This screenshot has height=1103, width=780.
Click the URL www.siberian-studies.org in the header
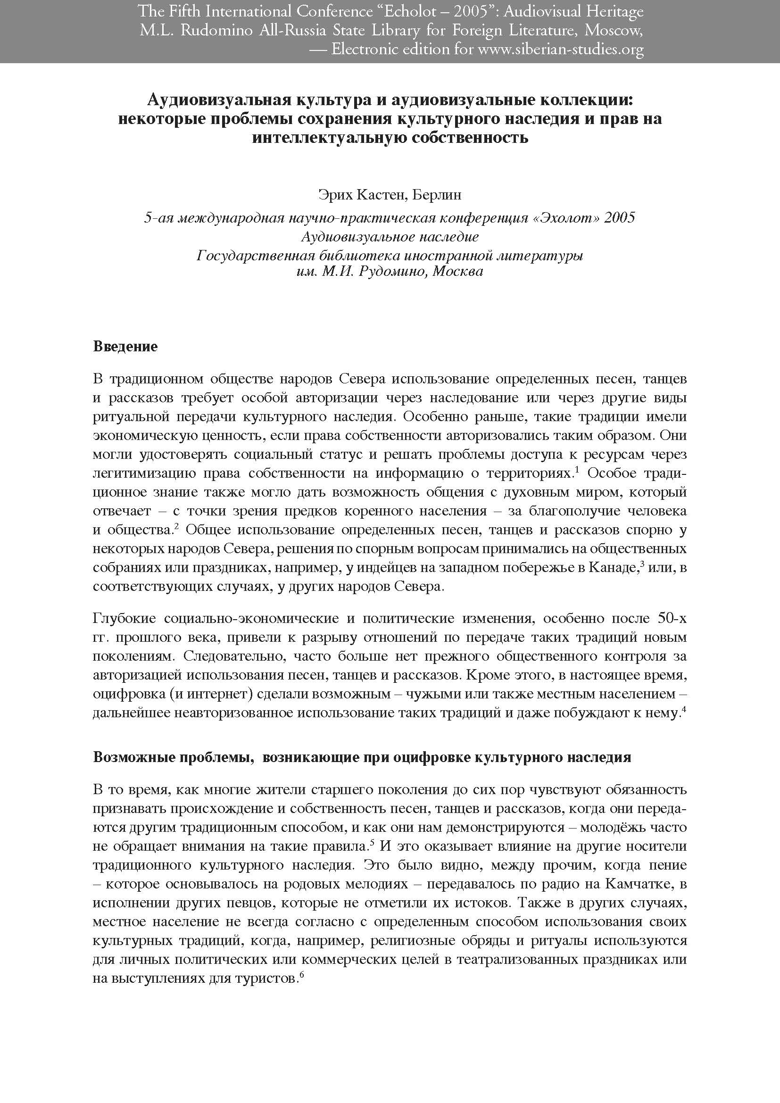[x=561, y=50]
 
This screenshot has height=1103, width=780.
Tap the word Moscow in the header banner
[x=614, y=31]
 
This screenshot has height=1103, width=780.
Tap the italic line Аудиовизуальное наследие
[x=390, y=237]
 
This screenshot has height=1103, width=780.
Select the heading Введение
[x=125, y=347]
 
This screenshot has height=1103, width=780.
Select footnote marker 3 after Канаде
[x=642, y=564]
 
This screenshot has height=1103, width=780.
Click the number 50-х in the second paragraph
[x=672, y=619]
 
